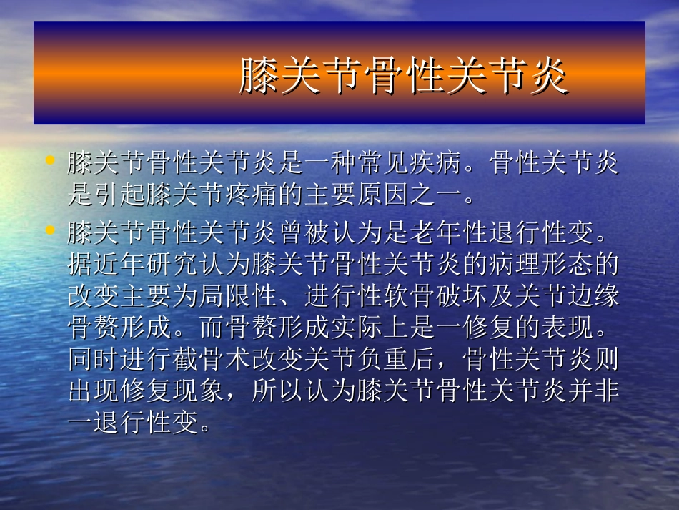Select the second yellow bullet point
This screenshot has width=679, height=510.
click(x=49, y=230)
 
